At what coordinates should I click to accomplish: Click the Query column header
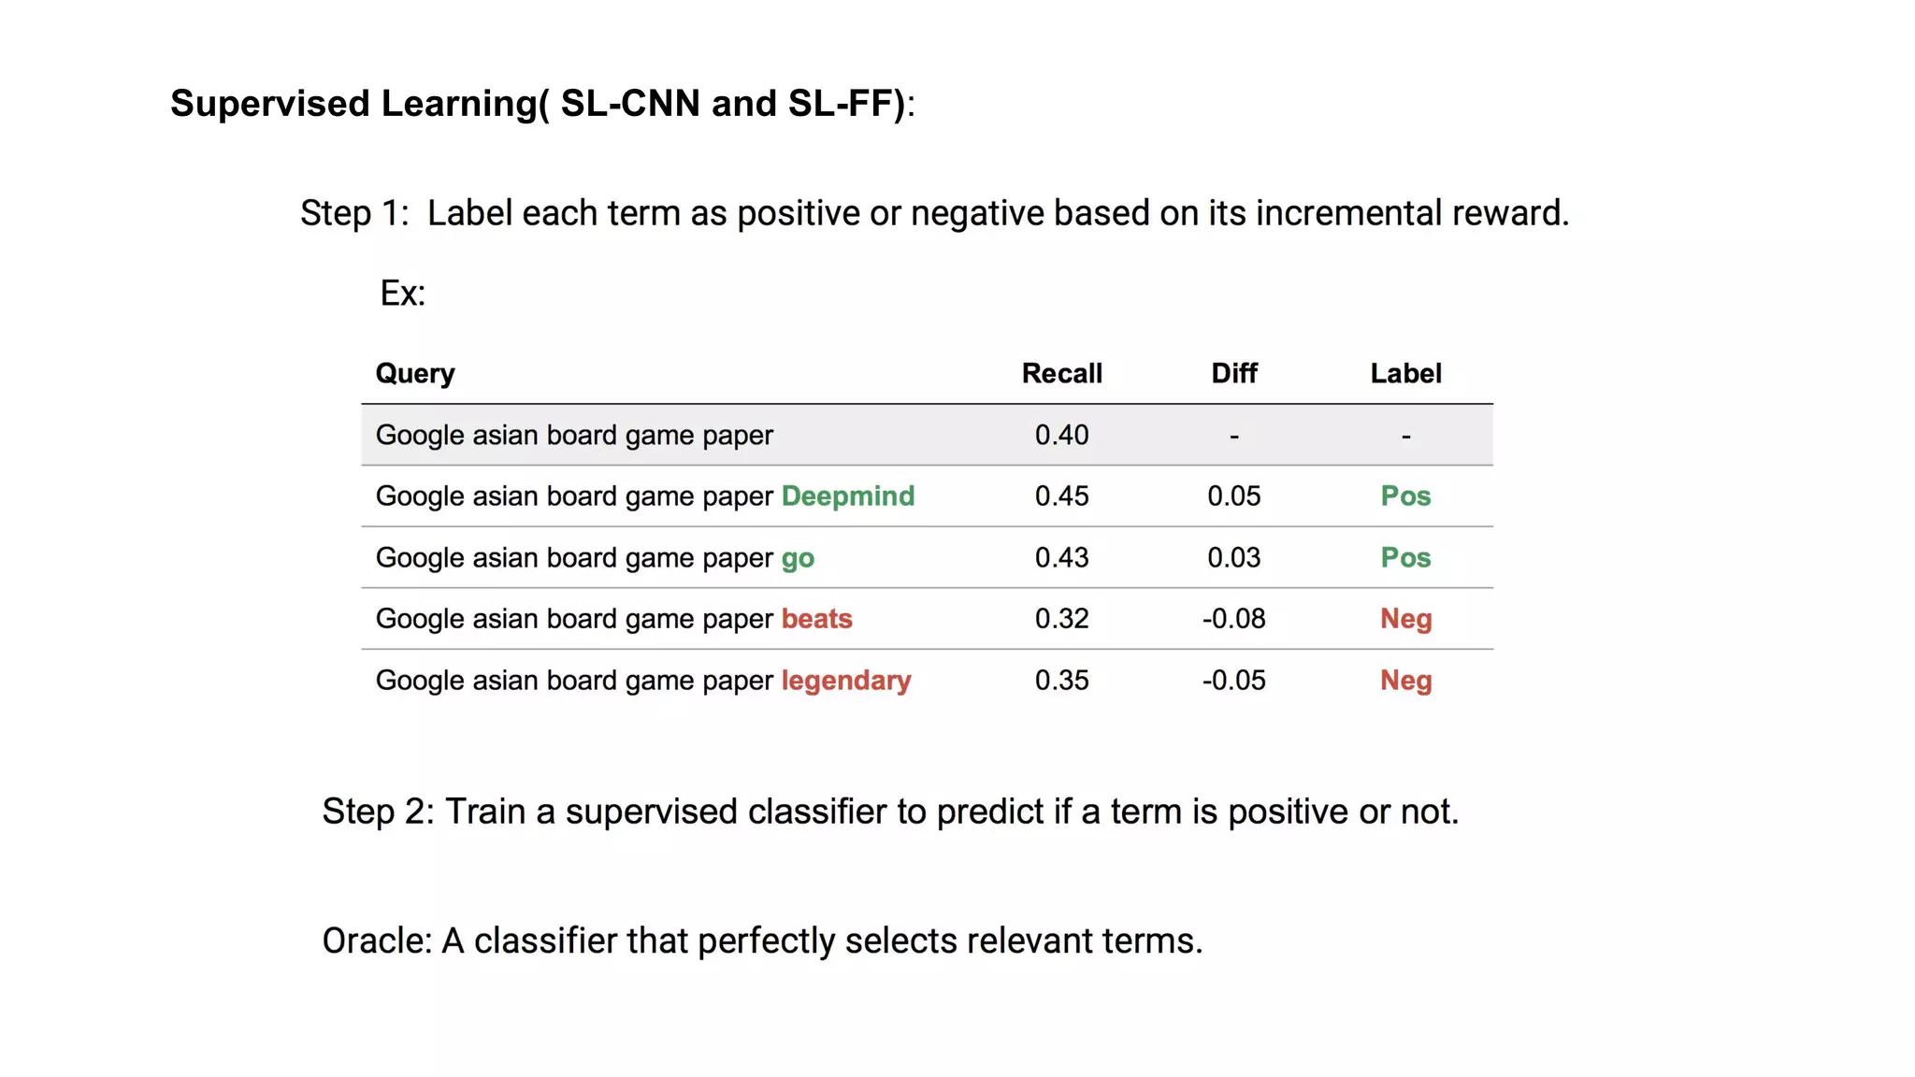coord(415,374)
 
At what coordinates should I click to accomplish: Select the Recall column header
coord(1061,374)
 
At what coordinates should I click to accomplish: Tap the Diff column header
coord(1233,374)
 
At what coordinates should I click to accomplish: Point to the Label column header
coord(1405,374)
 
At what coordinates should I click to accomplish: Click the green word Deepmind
coord(847,496)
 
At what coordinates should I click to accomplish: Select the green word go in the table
coord(798,559)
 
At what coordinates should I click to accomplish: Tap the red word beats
coord(816,619)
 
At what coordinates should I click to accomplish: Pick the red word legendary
coord(845,681)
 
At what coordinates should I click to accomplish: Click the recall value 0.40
coord(1061,436)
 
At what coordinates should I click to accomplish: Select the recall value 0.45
coord(1061,496)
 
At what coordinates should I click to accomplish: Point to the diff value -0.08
coord(1233,619)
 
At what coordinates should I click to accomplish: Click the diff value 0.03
coord(1233,558)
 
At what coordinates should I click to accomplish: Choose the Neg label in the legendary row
coord(1405,681)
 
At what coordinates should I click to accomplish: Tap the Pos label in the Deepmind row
coord(1405,496)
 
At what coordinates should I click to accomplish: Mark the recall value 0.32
coord(1061,619)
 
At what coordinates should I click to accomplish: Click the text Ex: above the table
coord(402,294)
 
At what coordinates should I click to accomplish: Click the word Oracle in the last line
coord(376,941)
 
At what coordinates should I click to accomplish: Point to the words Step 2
coord(377,811)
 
